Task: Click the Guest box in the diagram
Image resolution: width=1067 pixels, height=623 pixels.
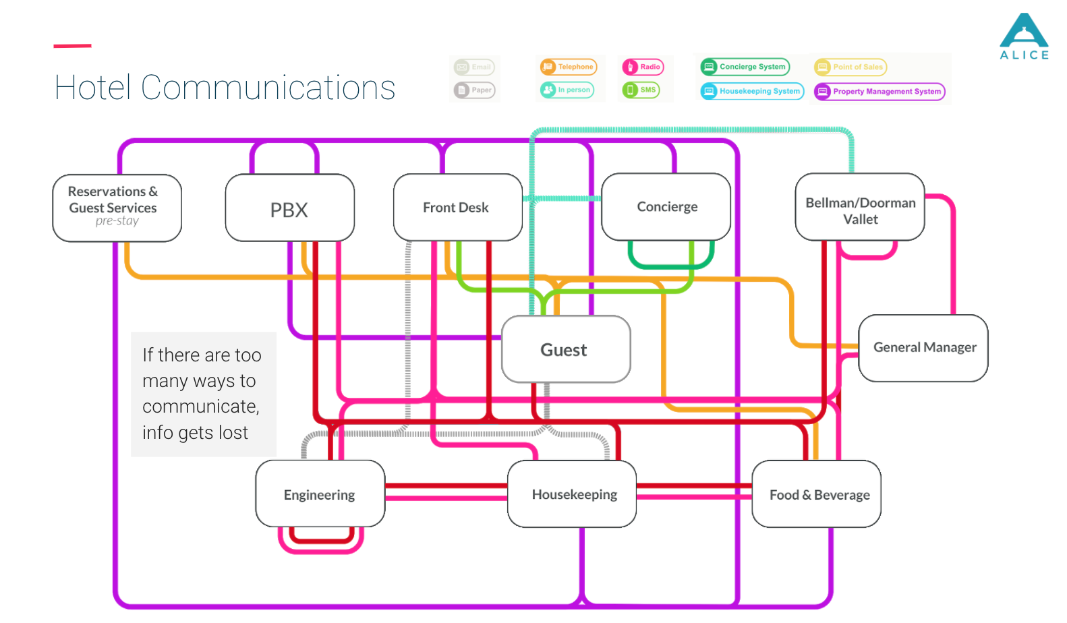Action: pos(566,349)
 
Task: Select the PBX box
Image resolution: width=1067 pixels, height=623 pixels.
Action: pos(289,208)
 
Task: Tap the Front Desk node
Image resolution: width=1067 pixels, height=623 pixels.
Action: pos(457,208)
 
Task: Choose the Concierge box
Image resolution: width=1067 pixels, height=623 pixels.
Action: pos(666,207)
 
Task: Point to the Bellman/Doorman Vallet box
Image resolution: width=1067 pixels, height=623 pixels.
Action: pos(860,208)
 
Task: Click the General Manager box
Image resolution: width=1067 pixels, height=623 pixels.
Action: pos(923,348)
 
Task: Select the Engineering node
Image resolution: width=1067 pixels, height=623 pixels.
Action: pos(320,494)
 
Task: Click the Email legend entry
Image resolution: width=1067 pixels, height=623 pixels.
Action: pos(474,67)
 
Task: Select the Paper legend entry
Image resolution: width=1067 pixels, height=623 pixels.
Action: pos(474,90)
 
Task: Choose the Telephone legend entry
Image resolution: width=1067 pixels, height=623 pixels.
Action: pos(569,67)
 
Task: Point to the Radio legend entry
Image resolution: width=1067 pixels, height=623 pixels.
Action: pos(643,67)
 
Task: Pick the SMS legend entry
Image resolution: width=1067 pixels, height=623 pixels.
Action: pos(641,90)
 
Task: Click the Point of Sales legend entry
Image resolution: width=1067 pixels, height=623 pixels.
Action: pos(850,67)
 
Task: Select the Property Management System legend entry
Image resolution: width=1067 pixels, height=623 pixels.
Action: pos(879,92)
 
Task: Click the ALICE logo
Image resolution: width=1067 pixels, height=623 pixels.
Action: pos(1024,37)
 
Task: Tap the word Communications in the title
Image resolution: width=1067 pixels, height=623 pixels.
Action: pos(268,88)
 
